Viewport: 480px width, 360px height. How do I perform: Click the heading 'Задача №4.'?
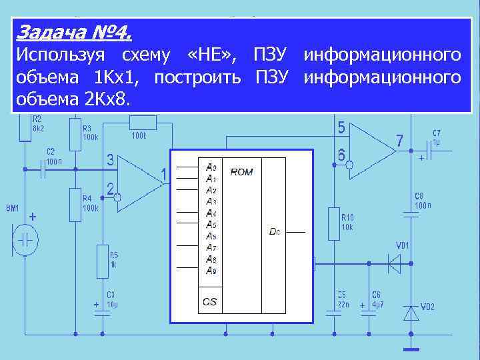73,32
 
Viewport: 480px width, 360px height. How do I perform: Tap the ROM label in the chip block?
241,172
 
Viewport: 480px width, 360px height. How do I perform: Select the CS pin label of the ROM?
209,302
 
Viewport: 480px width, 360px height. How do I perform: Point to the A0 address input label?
211,167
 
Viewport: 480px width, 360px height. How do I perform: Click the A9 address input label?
211,270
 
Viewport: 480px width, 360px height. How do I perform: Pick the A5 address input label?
211,224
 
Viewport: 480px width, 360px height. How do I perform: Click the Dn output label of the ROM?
275,231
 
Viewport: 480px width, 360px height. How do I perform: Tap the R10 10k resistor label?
347,221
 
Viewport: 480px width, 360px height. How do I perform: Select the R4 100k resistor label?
90,203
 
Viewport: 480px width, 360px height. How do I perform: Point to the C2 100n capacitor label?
55,156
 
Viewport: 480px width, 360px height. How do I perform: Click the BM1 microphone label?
13,209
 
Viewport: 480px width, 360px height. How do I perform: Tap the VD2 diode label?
427,307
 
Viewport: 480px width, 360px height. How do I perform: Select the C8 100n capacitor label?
423,201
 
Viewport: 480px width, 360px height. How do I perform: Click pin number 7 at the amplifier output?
399,141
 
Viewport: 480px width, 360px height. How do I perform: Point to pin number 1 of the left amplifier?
163,175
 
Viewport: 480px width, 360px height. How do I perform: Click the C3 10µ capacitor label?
111,299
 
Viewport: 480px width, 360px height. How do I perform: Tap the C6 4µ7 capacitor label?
377,299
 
